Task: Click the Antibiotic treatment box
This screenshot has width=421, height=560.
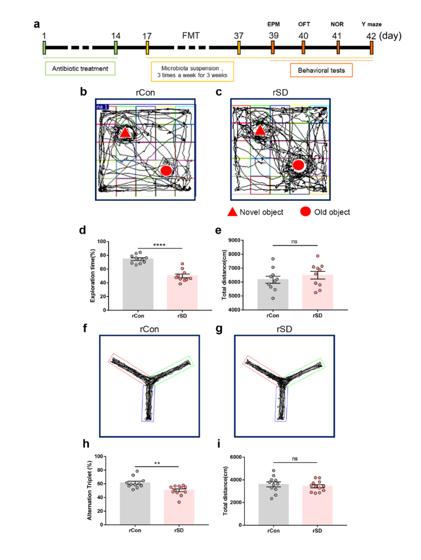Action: point(80,69)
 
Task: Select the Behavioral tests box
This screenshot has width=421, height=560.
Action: point(321,70)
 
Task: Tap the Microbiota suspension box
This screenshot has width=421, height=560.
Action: point(192,71)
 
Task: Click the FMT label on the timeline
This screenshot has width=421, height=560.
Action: point(191,36)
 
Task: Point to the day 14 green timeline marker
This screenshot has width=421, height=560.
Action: point(116,47)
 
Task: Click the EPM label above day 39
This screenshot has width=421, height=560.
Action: point(273,24)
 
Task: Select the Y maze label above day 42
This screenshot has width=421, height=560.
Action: point(371,24)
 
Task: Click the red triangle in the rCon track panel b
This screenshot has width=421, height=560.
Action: point(125,132)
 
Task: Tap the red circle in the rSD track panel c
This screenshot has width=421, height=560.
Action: point(298,165)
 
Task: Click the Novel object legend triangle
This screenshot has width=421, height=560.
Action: point(232,212)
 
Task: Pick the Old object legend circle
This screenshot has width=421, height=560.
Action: point(305,211)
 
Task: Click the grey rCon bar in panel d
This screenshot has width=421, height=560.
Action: point(138,284)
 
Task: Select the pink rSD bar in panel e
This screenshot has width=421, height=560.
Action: point(317,292)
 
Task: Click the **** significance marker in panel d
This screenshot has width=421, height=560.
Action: point(159,245)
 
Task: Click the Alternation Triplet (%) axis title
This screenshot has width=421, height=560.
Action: point(90,490)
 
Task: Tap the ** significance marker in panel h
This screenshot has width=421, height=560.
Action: point(157,463)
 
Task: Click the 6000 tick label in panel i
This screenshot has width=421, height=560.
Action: point(235,457)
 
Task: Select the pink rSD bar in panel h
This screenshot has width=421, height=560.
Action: point(179,507)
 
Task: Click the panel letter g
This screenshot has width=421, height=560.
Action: point(219,329)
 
